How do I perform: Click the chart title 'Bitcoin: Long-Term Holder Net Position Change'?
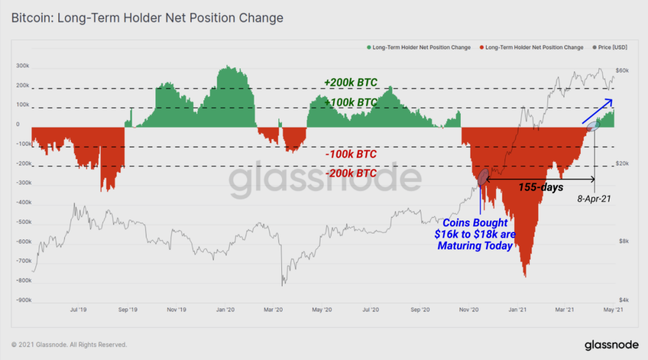[147, 19]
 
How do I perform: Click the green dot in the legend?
[368, 47]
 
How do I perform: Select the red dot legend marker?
[481, 47]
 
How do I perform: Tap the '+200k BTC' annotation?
[350, 82]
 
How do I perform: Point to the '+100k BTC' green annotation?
[350, 103]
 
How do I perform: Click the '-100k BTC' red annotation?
[350, 154]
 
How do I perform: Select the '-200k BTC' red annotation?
[350, 173]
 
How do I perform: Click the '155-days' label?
[541, 187]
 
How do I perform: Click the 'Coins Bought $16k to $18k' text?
[475, 234]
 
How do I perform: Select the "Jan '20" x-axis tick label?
[225, 310]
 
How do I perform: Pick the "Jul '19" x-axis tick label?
[79, 310]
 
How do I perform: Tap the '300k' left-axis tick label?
[22, 66]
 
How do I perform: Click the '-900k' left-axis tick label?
[22, 300]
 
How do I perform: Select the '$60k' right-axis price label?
[622, 71]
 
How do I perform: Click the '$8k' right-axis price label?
[623, 241]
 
